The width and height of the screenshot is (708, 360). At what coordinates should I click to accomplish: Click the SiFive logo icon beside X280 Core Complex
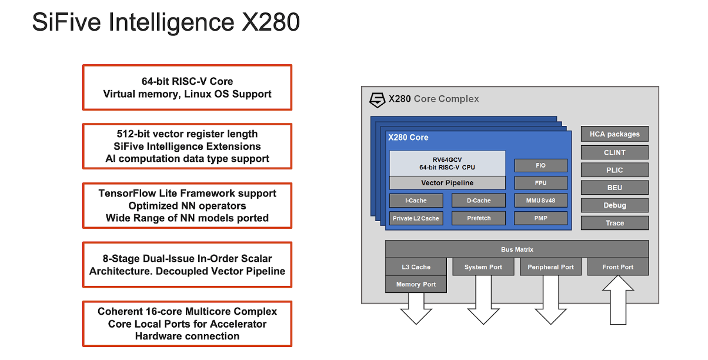(377, 99)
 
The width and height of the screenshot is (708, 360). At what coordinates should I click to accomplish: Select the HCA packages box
(615, 134)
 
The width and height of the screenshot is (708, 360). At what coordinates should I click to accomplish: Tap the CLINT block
(615, 152)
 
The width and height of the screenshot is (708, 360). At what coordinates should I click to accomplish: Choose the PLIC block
(615, 170)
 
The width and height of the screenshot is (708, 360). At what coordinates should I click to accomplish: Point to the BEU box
(615, 188)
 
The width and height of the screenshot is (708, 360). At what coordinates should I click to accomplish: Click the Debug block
(615, 205)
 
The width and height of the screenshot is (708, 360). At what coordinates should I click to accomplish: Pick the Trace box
(615, 223)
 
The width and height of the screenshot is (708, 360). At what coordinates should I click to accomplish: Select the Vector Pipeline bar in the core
(447, 183)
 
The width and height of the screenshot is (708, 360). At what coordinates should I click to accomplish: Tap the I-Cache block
(416, 201)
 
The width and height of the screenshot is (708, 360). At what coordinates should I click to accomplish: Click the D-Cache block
(479, 201)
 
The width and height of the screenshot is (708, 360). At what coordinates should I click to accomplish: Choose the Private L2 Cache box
(416, 218)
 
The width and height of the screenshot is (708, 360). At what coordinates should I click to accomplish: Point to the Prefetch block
(479, 218)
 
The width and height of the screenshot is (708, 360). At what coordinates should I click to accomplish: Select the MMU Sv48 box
(541, 201)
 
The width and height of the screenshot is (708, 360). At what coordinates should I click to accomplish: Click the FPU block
(541, 183)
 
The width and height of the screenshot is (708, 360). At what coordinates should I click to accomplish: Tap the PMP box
(541, 218)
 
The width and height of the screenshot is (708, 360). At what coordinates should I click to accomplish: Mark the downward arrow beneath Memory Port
(416, 309)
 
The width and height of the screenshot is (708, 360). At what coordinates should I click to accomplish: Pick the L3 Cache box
(416, 267)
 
